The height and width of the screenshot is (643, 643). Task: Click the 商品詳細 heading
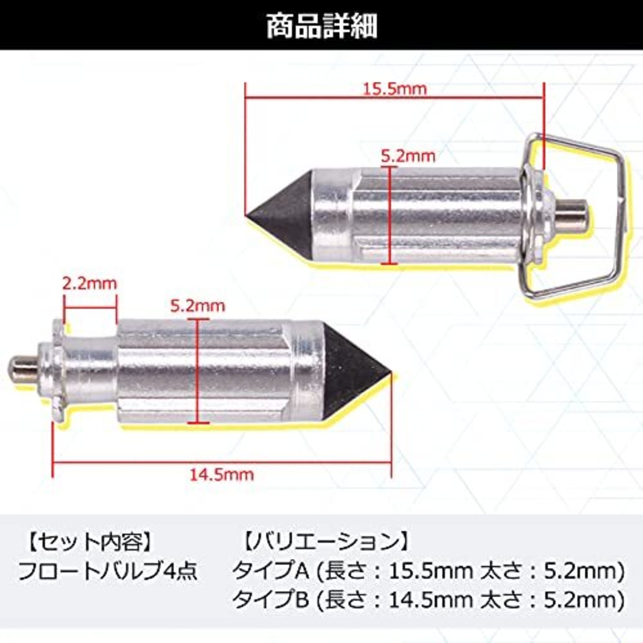point(321,26)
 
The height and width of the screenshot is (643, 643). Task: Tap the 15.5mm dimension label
point(394,89)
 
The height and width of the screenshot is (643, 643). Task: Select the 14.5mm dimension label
point(222,475)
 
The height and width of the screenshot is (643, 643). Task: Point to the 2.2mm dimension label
point(90,284)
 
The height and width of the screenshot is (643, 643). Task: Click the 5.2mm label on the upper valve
point(408,157)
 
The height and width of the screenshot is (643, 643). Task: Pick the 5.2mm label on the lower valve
point(198,306)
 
